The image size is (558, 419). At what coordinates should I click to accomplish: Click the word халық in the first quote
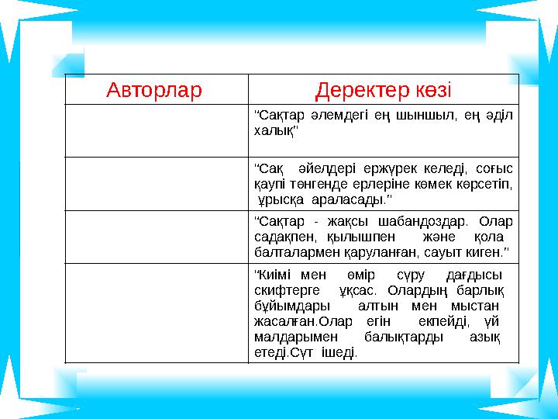(273, 131)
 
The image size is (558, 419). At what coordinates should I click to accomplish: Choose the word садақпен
(278, 237)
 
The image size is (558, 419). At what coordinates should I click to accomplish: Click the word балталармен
(295, 252)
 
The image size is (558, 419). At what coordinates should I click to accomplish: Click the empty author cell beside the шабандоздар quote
(155, 237)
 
